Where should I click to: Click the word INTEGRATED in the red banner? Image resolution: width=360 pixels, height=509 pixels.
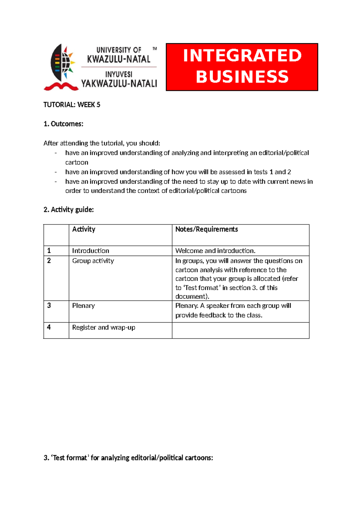242,56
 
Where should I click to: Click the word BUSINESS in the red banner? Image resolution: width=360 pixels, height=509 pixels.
242,77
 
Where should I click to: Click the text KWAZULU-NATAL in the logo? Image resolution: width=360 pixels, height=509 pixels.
119,59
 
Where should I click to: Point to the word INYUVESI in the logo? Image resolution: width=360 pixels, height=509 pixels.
119,74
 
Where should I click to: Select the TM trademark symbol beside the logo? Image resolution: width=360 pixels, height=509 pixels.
154,48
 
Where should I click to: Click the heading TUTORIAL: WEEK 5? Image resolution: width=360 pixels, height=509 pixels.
72,105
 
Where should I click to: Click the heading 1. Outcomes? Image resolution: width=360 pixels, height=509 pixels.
63,124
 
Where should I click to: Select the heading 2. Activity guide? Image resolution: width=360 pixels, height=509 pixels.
69,210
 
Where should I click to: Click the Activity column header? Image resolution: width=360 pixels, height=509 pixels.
84,229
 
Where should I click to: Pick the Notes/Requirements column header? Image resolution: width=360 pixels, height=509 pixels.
206,229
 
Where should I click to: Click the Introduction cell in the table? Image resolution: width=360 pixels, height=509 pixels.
91,251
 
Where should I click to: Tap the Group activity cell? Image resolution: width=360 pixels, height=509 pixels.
93,261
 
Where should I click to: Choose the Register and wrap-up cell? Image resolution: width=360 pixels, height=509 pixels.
103,327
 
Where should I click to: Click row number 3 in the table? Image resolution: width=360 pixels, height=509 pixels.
49,306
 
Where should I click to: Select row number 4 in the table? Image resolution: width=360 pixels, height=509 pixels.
49,327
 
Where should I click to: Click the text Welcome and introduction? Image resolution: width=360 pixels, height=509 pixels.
215,251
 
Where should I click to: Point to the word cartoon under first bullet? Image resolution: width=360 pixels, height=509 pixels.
77,162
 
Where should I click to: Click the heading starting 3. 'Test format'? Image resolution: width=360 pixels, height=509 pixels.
128,458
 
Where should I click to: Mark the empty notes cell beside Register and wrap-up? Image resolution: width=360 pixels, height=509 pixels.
240,330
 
